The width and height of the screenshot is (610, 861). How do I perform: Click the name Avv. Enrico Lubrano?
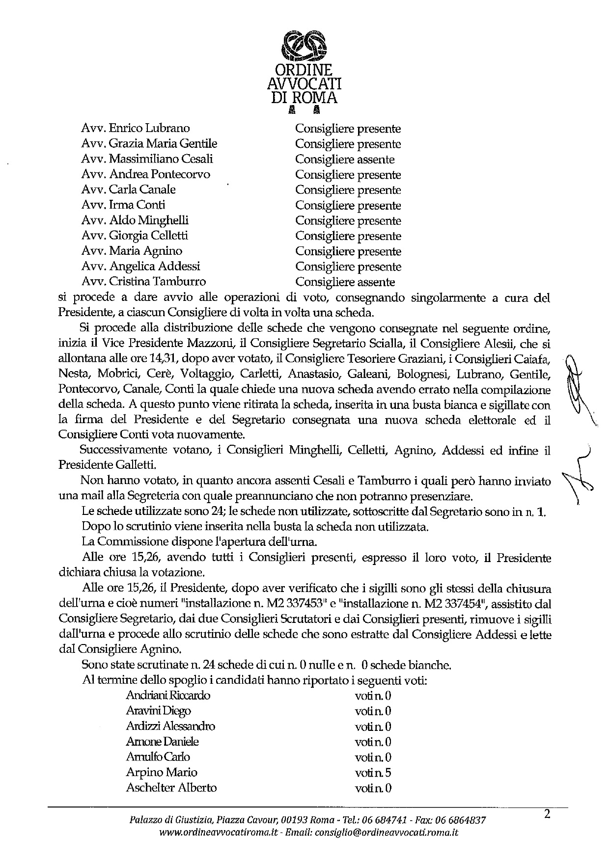[136, 129]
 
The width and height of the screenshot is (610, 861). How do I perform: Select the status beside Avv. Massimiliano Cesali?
[345, 160]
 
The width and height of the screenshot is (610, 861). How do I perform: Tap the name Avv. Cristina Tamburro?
[144, 282]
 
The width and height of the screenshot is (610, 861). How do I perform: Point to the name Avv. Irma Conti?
[123, 205]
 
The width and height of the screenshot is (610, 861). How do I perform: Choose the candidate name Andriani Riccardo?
[168, 696]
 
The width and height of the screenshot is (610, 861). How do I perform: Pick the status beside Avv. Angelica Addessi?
[348, 267]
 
